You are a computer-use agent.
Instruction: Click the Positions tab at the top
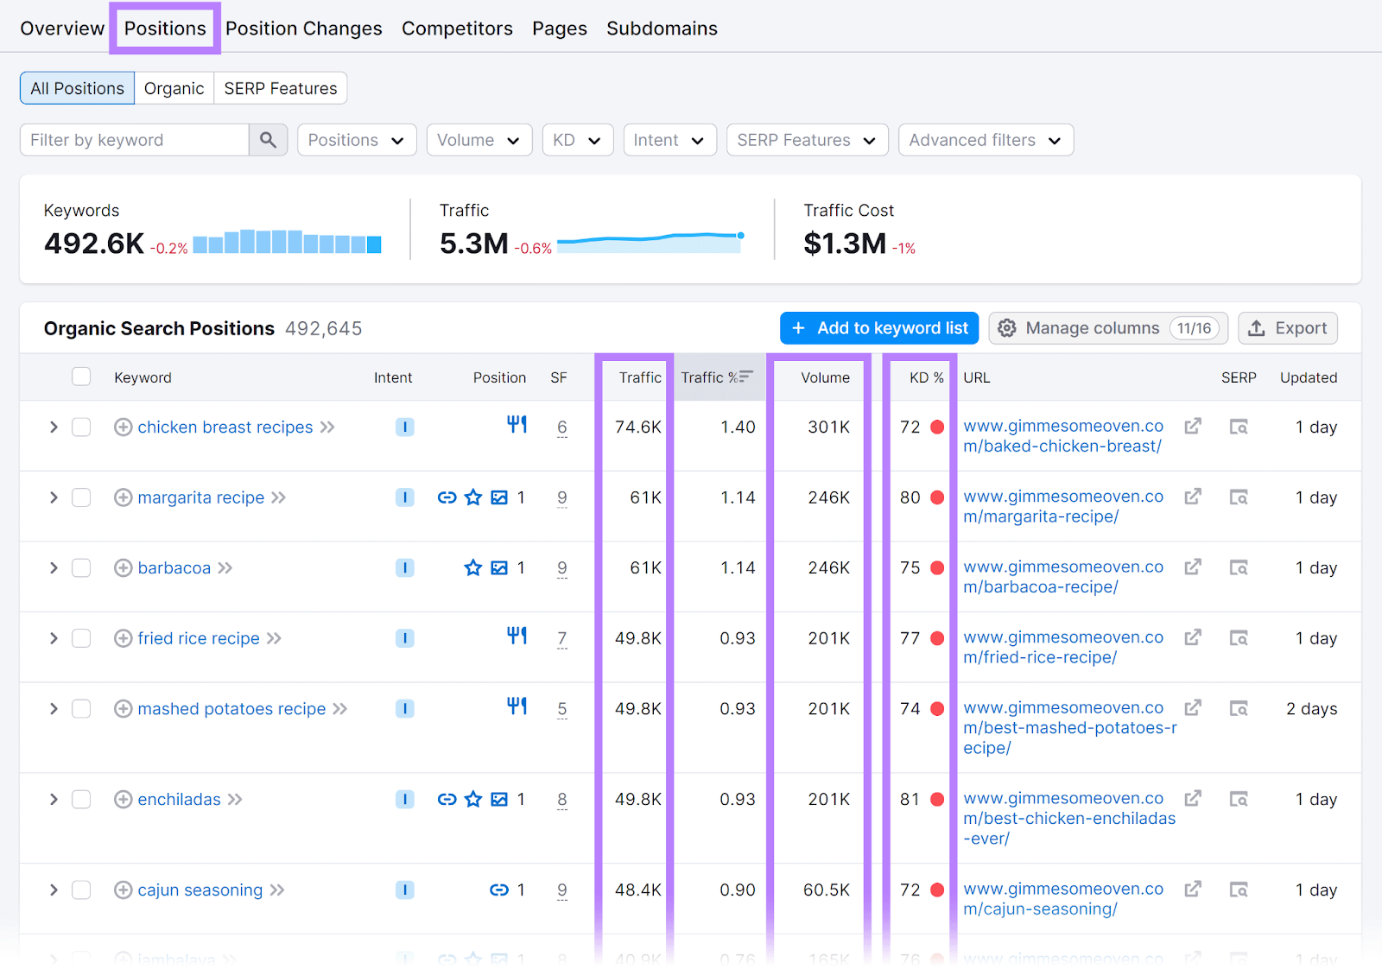click(x=165, y=28)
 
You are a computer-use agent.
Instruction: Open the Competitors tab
click(x=457, y=28)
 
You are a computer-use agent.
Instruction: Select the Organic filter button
click(x=174, y=88)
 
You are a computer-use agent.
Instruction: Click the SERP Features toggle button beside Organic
click(x=280, y=88)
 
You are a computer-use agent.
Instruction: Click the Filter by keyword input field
click(x=135, y=140)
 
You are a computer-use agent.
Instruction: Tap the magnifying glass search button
click(x=268, y=140)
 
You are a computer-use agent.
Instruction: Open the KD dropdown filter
click(x=577, y=140)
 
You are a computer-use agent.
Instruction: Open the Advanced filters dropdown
click(x=985, y=140)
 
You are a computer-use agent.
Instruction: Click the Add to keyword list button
click(x=878, y=328)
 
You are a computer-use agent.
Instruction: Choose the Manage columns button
click(x=1107, y=328)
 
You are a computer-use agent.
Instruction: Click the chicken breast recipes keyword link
click(x=225, y=427)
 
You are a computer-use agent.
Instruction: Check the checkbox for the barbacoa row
click(x=81, y=568)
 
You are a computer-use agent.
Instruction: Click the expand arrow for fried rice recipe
click(x=54, y=638)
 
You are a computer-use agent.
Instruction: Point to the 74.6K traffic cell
click(x=637, y=427)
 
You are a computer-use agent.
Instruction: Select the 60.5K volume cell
click(x=826, y=890)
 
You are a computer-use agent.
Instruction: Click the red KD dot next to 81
click(x=937, y=800)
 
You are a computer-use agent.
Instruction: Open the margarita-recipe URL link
click(x=1062, y=507)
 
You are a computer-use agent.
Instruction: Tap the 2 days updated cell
click(x=1311, y=709)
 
